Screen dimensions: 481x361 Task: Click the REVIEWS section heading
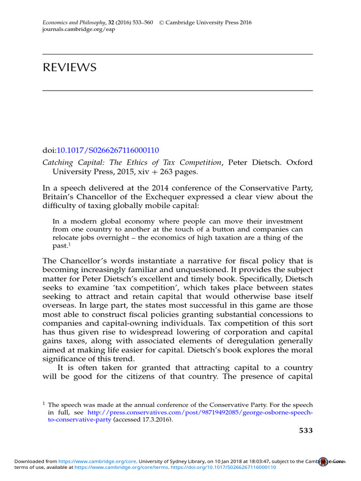pos(70,68)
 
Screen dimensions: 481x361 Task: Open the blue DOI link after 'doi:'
pos(108,150)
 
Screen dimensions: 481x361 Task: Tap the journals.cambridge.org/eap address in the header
pos(78,29)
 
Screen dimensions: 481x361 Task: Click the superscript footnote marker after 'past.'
pos(69,244)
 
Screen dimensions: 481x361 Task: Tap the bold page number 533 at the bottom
pos(306,430)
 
